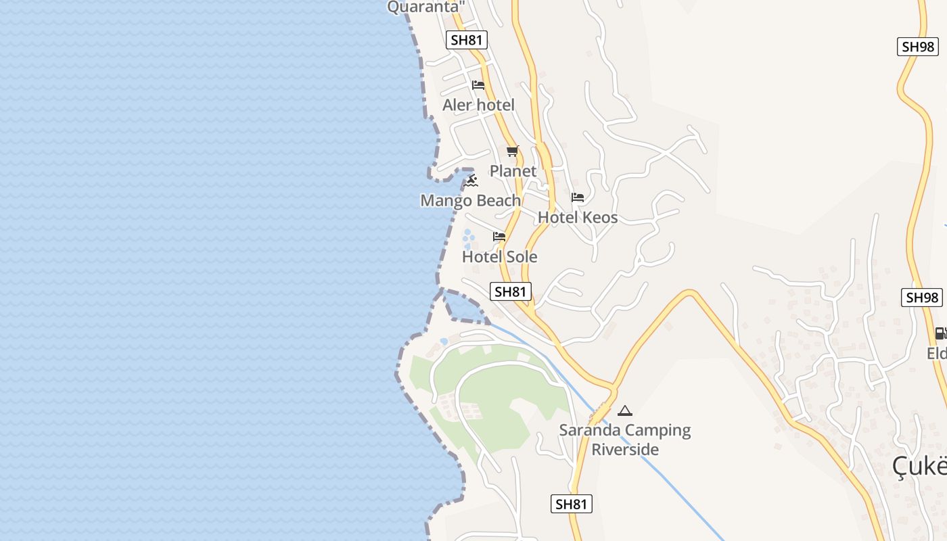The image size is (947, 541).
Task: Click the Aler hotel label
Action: (478, 105)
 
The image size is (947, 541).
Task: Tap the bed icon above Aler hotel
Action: (478, 85)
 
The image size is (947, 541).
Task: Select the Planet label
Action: (513, 171)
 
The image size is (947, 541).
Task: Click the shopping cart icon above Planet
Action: (513, 151)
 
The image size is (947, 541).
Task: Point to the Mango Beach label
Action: (470, 200)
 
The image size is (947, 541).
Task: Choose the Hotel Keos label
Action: (578, 217)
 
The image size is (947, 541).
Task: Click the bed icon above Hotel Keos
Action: (578, 197)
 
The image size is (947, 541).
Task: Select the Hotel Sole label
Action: (499, 256)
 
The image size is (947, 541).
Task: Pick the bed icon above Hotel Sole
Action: (499, 237)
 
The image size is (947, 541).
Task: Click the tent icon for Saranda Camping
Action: (625, 410)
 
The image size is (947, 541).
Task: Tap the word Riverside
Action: (625, 449)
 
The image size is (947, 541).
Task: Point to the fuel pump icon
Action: (940, 333)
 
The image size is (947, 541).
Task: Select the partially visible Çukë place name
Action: (919, 466)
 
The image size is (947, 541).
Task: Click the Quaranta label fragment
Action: (427, 7)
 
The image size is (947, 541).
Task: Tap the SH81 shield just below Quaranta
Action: (467, 40)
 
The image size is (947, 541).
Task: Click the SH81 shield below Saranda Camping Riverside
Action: (572, 504)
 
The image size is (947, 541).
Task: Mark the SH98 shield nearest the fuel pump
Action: (921, 298)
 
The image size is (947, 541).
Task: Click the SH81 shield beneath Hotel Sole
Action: (511, 291)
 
